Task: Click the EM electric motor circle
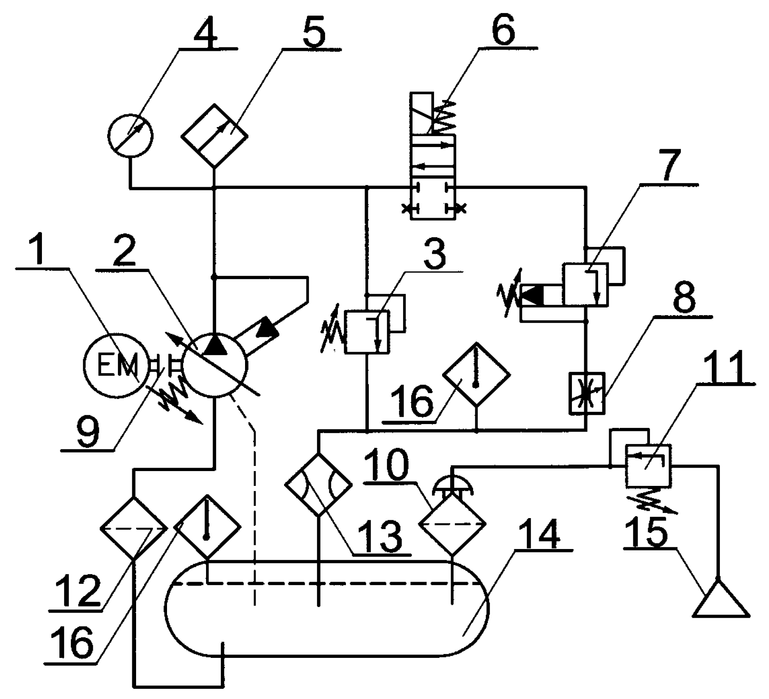point(116,365)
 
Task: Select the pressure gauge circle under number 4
point(130,136)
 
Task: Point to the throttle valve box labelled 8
point(586,393)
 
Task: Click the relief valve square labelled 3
point(367,331)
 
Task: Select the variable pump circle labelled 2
point(215,365)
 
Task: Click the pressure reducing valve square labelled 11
point(648,465)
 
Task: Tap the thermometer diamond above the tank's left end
point(207,527)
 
